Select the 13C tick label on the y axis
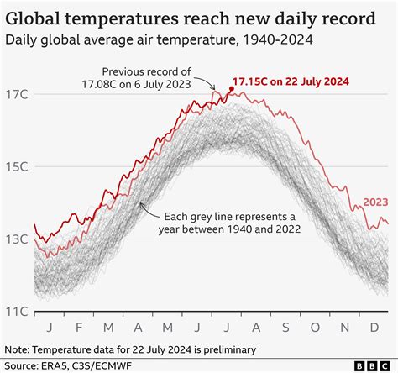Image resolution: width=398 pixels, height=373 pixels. tap(17, 240)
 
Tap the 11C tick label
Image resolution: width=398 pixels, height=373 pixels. tap(17, 311)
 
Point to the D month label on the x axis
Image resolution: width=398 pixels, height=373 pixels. tap(374, 327)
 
